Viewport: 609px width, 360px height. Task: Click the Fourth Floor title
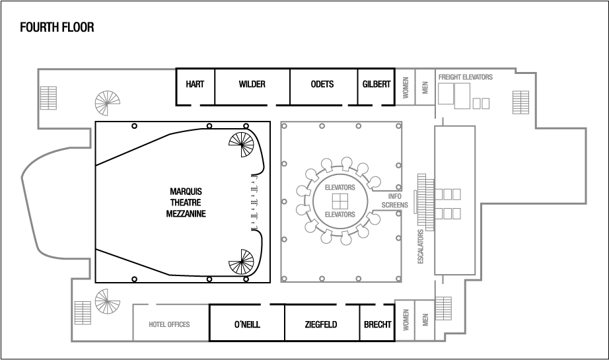click(x=57, y=27)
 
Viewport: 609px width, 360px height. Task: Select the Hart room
click(x=194, y=85)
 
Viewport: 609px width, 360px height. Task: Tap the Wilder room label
click(x=252, y=85)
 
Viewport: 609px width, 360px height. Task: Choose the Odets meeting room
click(x=322, y=85)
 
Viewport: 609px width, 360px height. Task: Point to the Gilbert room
click(x=376, y=85)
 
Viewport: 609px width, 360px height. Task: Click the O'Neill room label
click(x=246, y=324)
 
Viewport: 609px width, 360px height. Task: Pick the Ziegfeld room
click(x=321, y=324)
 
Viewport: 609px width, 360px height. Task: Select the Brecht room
click(x=378, y=324)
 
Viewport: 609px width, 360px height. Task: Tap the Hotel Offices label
click(x=170, y=324)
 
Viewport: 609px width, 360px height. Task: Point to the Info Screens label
click(x=396, y=201)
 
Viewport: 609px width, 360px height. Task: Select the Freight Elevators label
click(x=465, y=77)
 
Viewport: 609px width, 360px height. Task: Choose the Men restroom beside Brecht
click(x=425, y=320)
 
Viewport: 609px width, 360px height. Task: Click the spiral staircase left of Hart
click(x=108, y=102)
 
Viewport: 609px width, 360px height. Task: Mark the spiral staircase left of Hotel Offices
click(x=108, y=301)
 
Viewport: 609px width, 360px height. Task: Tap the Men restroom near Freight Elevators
click(x=425, y=87)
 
